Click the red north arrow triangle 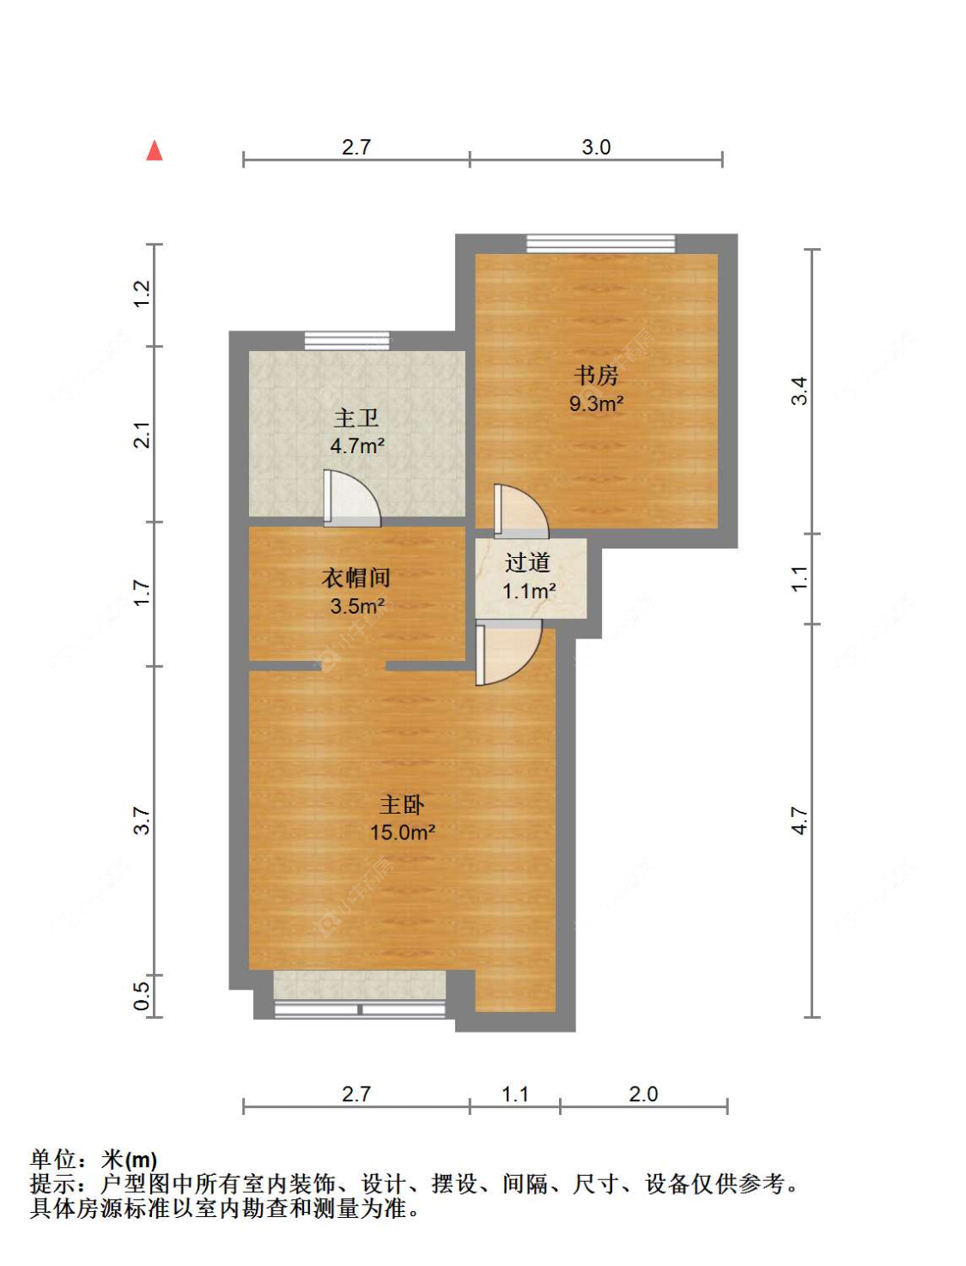click(x=154, y=150)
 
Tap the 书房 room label click(x=596, y=375)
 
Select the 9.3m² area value click(x=596, y=403)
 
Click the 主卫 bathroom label click(x=356, y=418)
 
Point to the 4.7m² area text click(x=357, y=445)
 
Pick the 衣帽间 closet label click(x=356, y=578)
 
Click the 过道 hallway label click(x=528, y=563)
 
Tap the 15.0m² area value click(x=402, y=833)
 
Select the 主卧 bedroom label click(x=402, y=804)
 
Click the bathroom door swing click(x=352, y=499)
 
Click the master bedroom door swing click(x=508, y=652)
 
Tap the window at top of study click(x=601, y=244)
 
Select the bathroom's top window click(x=348, y=341)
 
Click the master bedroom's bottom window click(x=360, y=1009)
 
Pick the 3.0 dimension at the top click(x=596, y=148)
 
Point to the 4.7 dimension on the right click(x=799, y=821)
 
